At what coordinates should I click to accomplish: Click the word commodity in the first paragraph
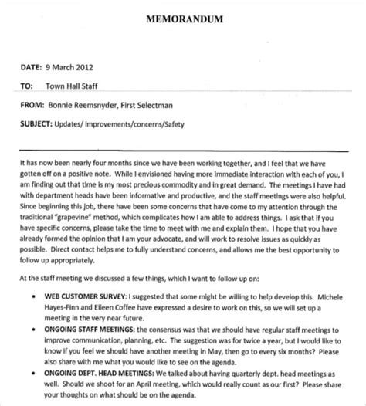coord(211,174)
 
